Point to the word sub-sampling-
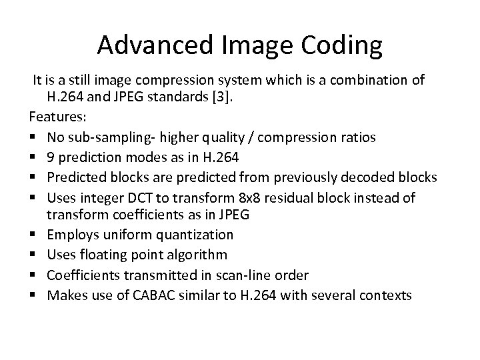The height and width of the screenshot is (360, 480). point(107,137)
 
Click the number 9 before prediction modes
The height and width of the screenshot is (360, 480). point(51,157)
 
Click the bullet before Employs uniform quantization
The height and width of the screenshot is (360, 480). point(33,235)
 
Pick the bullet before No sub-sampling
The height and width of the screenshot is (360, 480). point(33,138)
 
